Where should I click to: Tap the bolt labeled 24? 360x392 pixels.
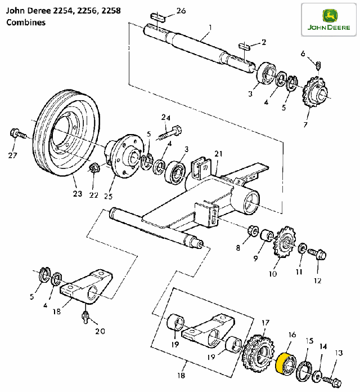point(169,133)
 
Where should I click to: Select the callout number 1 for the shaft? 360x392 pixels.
point(210,26)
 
